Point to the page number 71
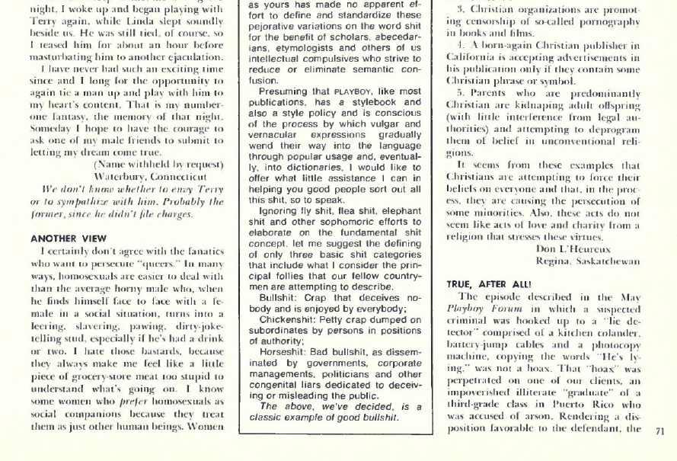click(x=659, y=431)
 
